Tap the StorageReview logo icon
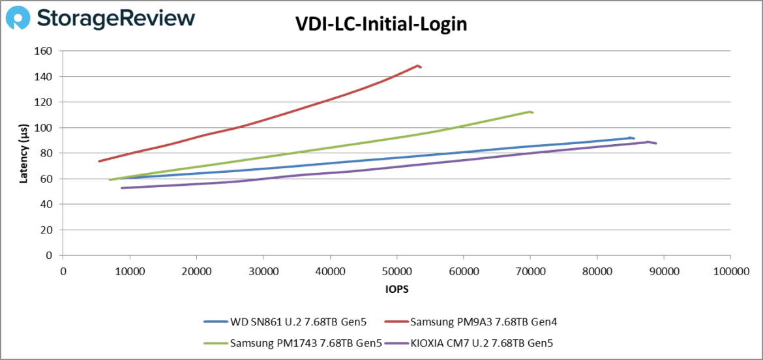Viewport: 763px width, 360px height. coord(18,18)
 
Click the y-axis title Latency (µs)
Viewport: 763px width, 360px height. coord(24,153)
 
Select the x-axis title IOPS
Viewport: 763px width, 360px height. coord(396,287)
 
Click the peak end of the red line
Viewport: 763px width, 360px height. coord(418,65)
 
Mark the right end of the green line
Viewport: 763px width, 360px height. coord(533,113)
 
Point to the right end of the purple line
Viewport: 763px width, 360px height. coord(656,143)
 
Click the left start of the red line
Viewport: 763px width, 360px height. coord(99,161)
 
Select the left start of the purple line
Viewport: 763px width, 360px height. coord(122,188)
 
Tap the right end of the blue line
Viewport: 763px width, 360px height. coord(634,138)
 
